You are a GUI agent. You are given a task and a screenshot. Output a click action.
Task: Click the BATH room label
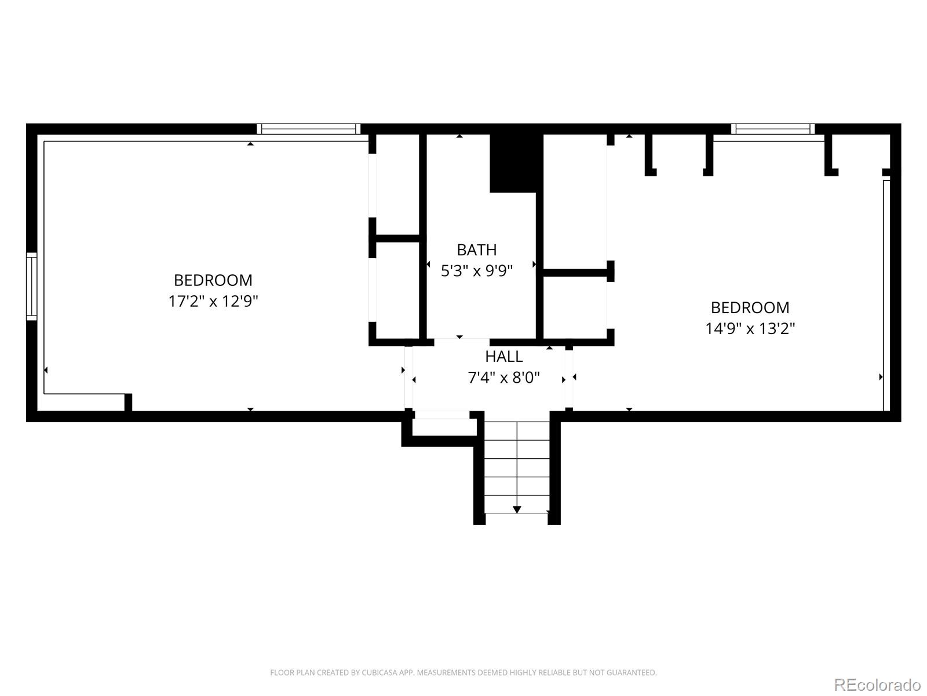(476, 249)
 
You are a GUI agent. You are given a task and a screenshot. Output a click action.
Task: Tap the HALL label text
(503, 356)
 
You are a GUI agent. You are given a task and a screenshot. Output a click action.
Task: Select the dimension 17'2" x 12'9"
(213, 302)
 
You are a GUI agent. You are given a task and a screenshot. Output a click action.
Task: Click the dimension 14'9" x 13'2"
(750, 329)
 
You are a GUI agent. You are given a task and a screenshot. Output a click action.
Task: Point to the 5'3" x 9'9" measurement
(476, 271)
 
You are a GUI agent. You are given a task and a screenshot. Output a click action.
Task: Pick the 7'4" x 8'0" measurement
(503, 378)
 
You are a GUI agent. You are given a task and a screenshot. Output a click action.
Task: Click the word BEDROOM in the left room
(213, 280)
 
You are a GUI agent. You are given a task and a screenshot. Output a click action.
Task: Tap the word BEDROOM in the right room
(750, 307)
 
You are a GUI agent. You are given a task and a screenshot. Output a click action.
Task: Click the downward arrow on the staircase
(517, 509)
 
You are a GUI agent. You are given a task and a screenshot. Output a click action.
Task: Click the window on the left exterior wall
(32, 285)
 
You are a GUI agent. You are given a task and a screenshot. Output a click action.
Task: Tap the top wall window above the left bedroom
(308, 129)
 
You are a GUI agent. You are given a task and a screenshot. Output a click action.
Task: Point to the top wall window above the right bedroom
(772, 129)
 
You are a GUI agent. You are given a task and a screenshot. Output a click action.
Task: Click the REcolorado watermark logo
(877, 684)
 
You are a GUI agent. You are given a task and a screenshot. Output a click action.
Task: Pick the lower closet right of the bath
(574, 307)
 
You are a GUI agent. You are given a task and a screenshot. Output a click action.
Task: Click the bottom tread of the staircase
(517, 504)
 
